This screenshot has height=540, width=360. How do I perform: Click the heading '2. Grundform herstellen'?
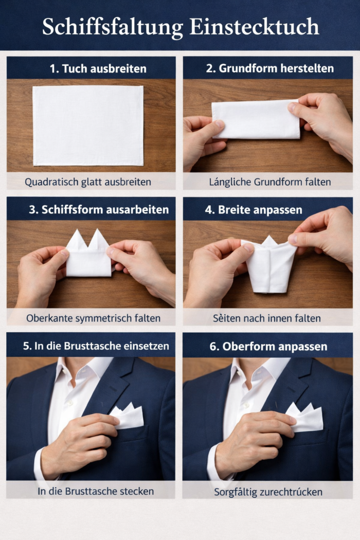269,69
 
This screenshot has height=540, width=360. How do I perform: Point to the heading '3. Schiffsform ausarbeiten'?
98,210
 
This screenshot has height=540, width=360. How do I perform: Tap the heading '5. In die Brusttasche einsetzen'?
96,346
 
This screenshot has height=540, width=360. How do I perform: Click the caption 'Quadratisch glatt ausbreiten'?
88,182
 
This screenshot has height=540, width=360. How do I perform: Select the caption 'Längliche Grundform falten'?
269,182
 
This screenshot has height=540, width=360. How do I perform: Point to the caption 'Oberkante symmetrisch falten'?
93,318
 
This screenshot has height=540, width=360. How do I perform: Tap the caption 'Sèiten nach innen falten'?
266,318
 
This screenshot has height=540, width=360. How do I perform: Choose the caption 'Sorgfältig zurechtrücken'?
268,492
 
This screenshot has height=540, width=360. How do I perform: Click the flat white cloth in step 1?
88,125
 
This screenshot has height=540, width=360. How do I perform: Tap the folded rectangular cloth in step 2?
256,119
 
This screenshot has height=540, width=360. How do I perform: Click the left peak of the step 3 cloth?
77,240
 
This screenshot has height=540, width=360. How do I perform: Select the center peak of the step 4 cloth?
269,241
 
